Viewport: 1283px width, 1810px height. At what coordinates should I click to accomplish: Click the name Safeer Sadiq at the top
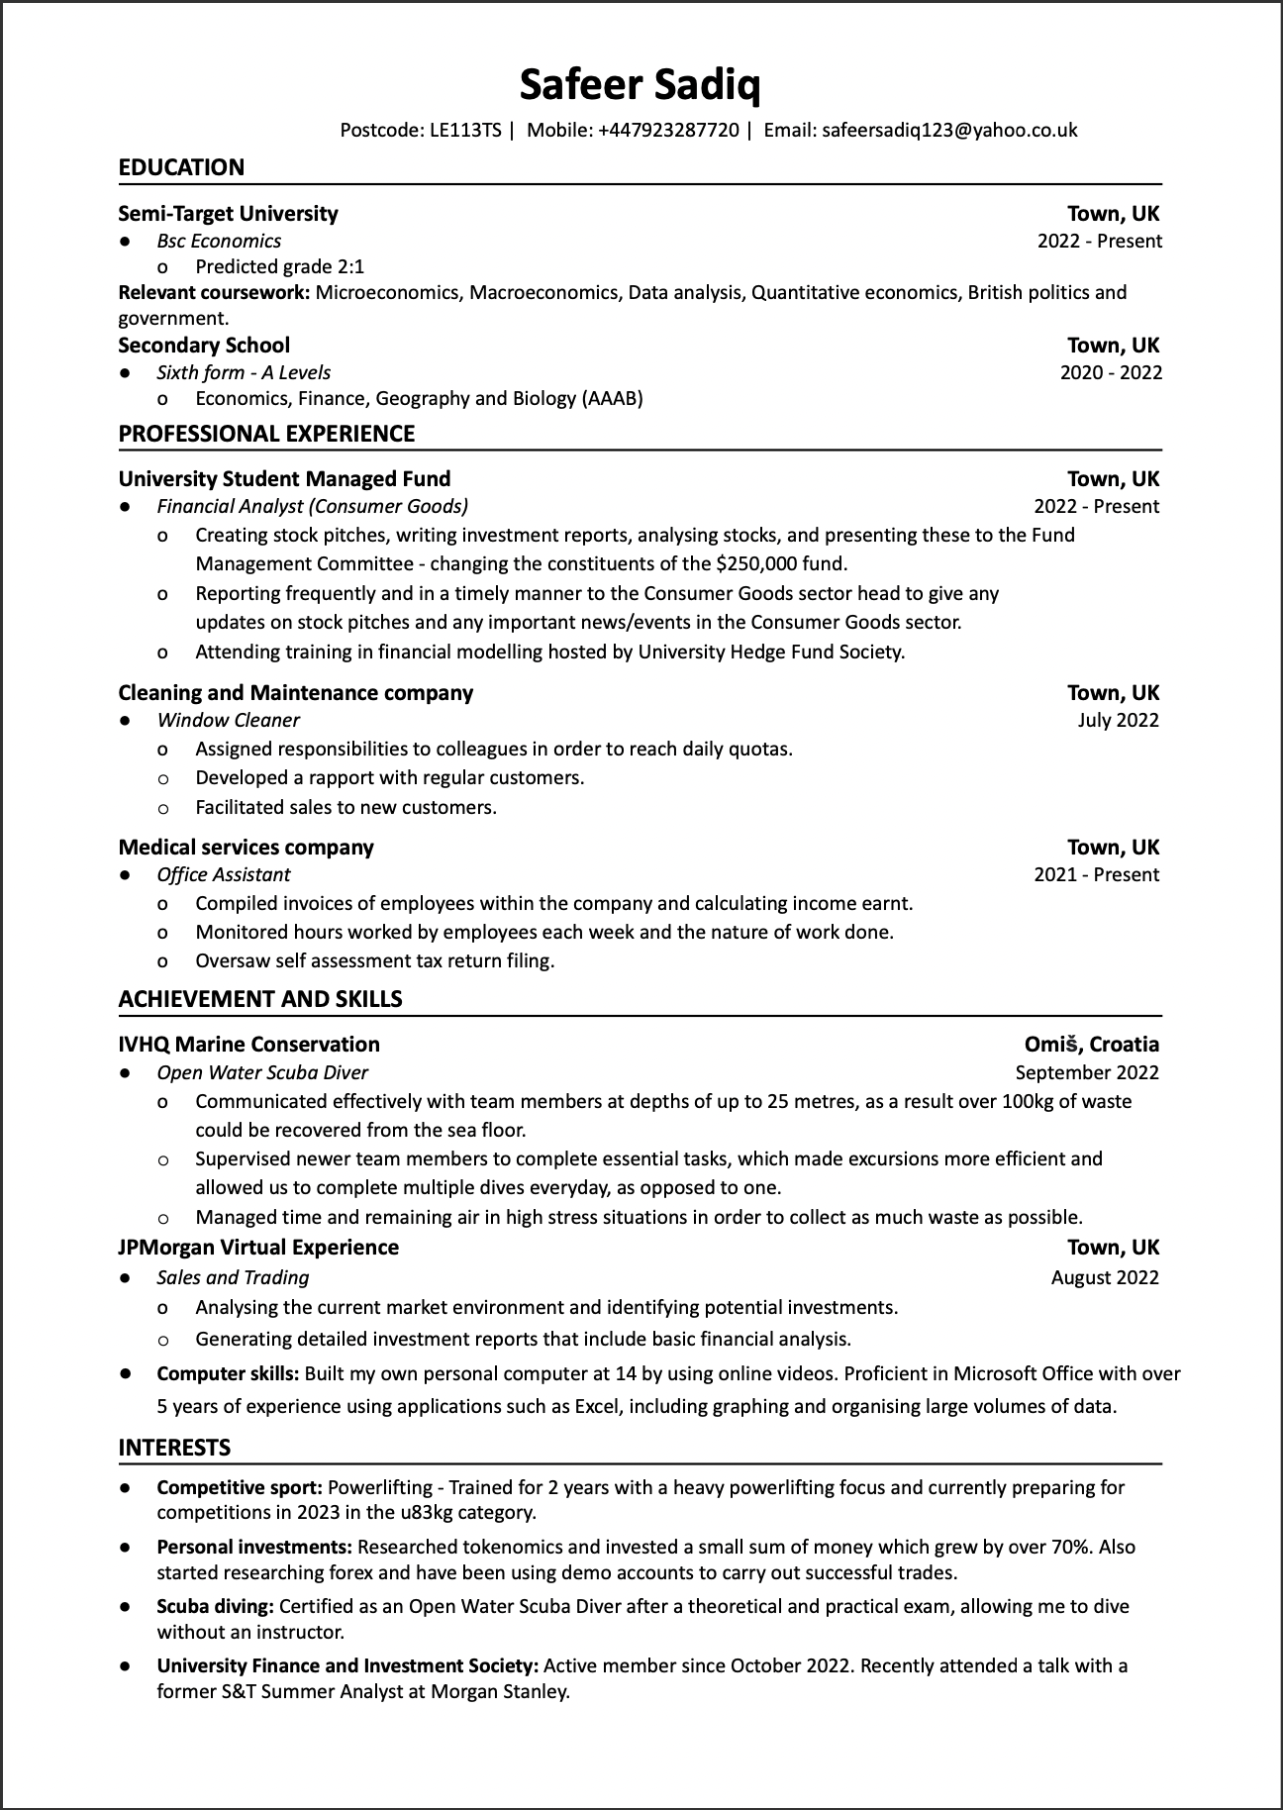641,86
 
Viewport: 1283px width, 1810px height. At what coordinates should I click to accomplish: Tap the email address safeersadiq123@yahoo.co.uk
949,131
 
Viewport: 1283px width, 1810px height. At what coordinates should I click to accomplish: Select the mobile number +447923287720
668,131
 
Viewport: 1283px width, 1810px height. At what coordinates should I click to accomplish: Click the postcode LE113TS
465,131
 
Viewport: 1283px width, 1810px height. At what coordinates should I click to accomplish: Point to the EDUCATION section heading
181,167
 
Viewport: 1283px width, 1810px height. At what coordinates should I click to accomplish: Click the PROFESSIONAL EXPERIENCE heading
266,434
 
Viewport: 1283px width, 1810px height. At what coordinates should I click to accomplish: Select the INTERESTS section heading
174,1448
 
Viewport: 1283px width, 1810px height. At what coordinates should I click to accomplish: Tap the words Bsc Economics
219,241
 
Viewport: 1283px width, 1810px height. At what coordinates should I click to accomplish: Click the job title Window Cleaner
228,720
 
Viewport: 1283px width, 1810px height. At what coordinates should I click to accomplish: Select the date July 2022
1118,720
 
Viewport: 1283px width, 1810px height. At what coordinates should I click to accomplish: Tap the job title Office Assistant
224,874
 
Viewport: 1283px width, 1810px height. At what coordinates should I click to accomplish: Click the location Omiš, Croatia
1092,1045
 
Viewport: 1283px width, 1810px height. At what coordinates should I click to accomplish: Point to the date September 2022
1087,1072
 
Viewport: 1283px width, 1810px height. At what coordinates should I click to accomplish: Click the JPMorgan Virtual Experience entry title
258,1248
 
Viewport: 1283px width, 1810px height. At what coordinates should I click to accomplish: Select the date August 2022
1105,1277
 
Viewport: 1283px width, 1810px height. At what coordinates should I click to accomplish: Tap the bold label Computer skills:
228,1373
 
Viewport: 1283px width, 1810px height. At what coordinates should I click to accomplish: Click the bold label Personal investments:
254,1547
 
